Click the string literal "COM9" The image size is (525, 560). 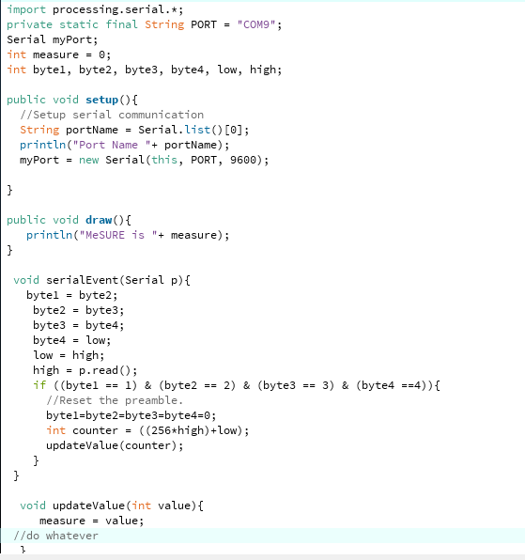tap(256, 24)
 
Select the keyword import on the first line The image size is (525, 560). tap(26, 9)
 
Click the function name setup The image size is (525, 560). tap(101, 100)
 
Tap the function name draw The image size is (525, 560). tap(99, 220)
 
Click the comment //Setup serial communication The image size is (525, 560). tap(112, 115)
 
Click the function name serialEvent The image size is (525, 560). tap(82, 280)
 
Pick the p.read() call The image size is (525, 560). tap(105, 370)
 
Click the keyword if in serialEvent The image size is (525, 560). tap(39, 385)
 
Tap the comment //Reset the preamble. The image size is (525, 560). tap(115, 400)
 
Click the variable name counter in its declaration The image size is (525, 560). tap(95, 430)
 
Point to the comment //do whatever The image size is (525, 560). tap(55, 536)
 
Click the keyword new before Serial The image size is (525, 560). tap(88, 160)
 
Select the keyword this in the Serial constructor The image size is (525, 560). tap(164, 160)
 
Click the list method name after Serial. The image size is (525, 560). tap(197, 130)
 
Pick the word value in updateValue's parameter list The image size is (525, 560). tap(174, 506)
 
